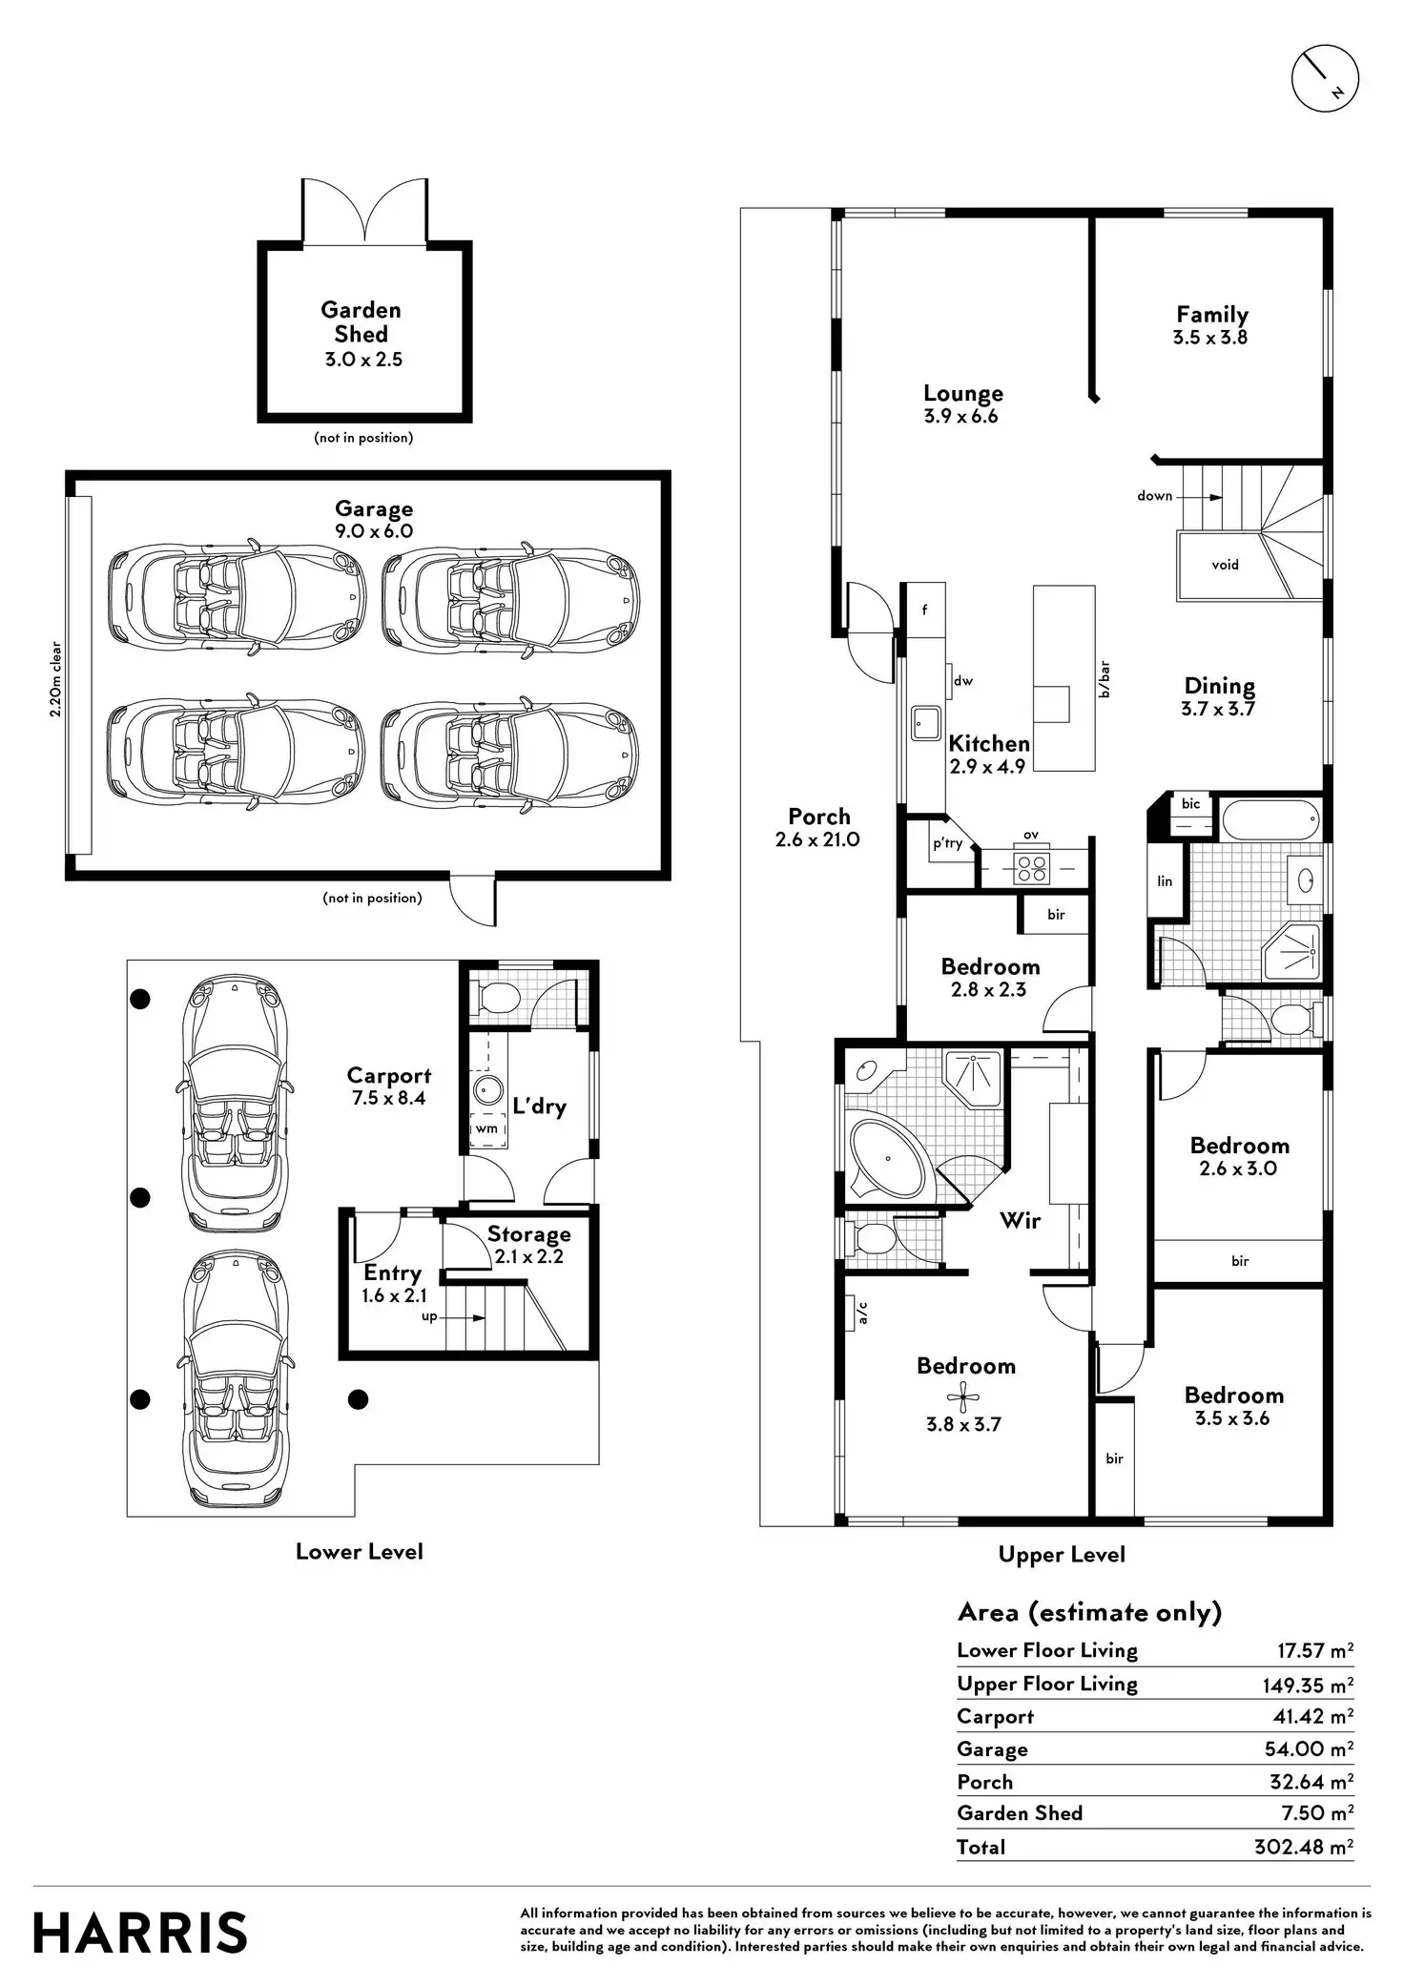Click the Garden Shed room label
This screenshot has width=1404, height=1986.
tap(361, 321)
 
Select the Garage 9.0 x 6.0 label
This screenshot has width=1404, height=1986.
tap(373, 520)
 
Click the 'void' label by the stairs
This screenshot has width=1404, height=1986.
tap(1225, 565)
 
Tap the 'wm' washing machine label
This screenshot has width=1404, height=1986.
tap(486, 1128)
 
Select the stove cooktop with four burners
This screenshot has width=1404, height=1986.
tap(1031, 867)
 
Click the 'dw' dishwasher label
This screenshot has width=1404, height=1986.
tap(963, 681)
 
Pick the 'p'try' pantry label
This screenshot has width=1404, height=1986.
tap(948, 843)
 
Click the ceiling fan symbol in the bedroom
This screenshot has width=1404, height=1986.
tap(963, 1398)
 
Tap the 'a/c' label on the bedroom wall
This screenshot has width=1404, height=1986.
tap(862, 1314)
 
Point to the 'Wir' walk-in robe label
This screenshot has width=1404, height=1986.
tap(1020, 1220)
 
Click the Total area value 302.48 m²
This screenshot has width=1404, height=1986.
tap(1303, 1847)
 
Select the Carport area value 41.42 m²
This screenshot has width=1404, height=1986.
tap(1312, 1716)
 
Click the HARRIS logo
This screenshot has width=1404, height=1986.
tap(140, 1934)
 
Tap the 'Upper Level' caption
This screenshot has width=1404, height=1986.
tap(1062, 1554)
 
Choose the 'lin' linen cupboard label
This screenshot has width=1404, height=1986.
tap(1165, 880)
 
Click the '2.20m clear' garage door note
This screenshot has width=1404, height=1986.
tap(56, 679)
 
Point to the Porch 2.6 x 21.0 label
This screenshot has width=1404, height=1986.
tap(818, 827)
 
